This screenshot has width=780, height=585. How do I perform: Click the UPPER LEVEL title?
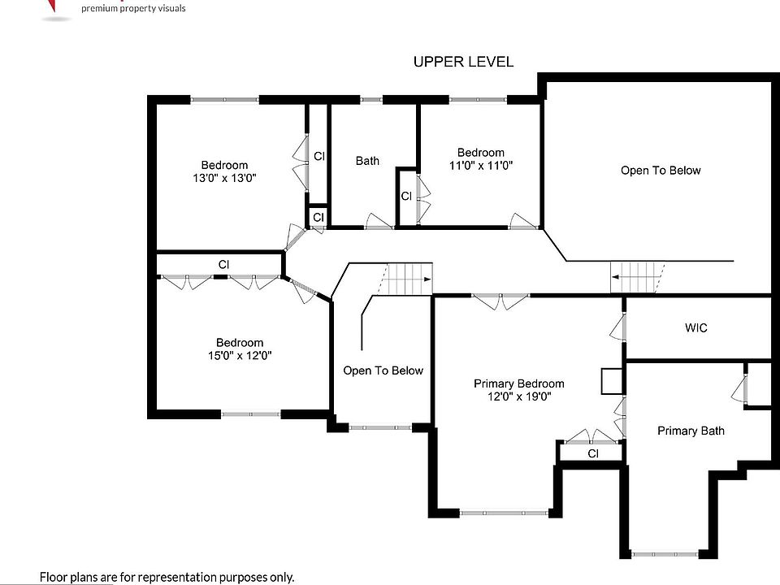point(464,62)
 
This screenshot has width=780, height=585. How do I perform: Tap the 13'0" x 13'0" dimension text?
point(224,178)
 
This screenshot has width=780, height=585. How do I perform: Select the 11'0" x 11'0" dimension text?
point(481,165)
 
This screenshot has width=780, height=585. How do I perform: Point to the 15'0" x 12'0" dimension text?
point(240,356)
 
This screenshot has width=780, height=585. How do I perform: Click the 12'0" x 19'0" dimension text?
point(519,396)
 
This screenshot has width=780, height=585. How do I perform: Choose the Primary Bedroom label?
point(519,383)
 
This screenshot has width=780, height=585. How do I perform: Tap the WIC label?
point(696,327)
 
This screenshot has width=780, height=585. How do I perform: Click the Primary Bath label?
point(691,431)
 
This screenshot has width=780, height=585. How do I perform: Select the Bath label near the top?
point(367,161)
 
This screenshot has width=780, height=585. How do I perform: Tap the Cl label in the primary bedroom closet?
point(593,453)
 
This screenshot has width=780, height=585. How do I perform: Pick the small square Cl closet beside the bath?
point(318,217)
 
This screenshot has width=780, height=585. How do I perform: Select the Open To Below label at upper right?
point(661,171)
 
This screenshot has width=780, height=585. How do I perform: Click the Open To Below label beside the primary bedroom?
point(383,370)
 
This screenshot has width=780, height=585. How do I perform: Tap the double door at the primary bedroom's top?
point(500,301)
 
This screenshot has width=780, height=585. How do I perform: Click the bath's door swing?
point(379,221)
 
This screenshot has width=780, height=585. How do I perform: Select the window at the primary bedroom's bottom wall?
point(505,513)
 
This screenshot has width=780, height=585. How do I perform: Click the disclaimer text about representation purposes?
point(167,578)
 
